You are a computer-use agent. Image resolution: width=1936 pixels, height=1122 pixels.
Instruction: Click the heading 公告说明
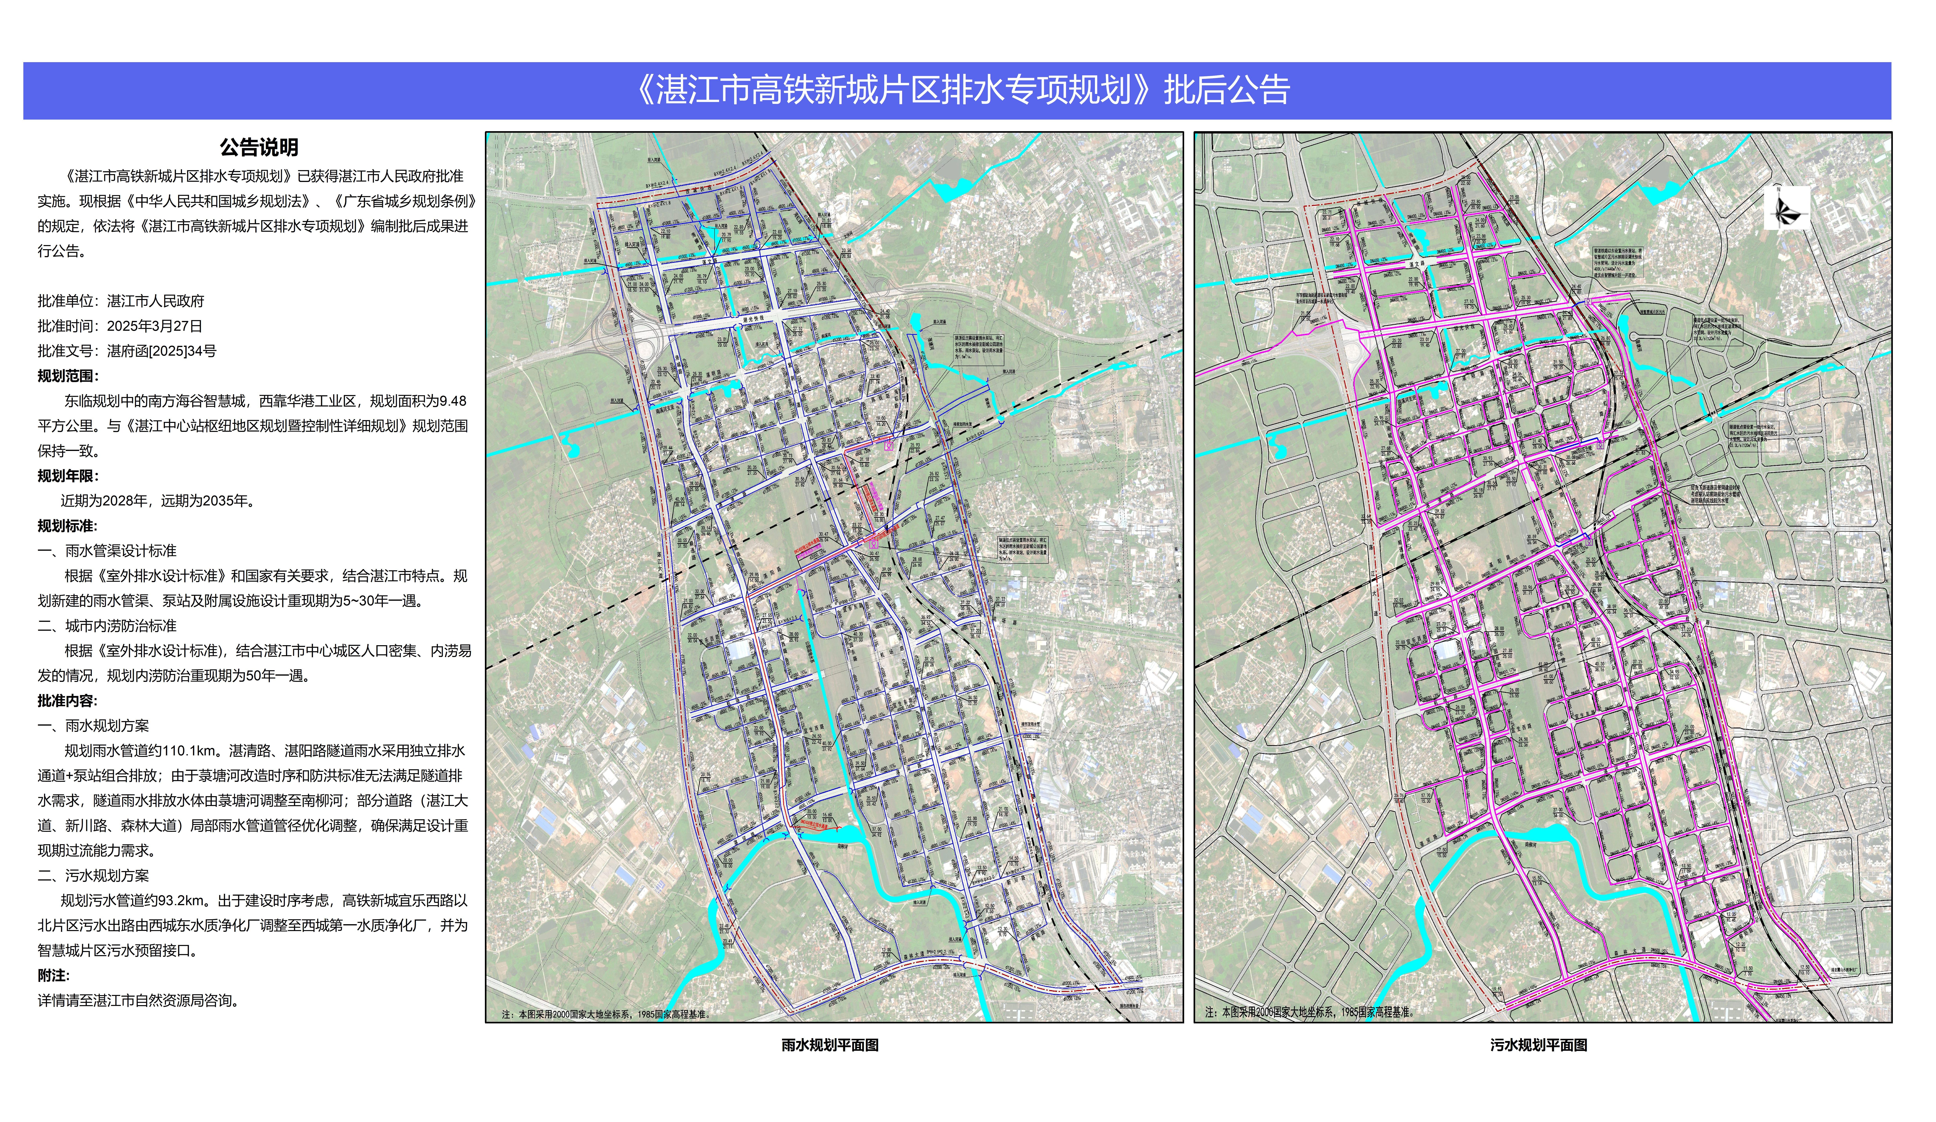tap(259, 147)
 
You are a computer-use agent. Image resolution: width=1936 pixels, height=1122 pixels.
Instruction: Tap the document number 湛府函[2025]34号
tap(161, 351)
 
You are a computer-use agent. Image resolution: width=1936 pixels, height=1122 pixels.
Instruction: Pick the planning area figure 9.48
tap(453, 401)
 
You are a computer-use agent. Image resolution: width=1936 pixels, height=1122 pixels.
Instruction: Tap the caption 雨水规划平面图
tap(830, 1045)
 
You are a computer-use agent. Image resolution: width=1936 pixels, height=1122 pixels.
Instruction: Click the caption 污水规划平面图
tap(1539, 1045)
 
